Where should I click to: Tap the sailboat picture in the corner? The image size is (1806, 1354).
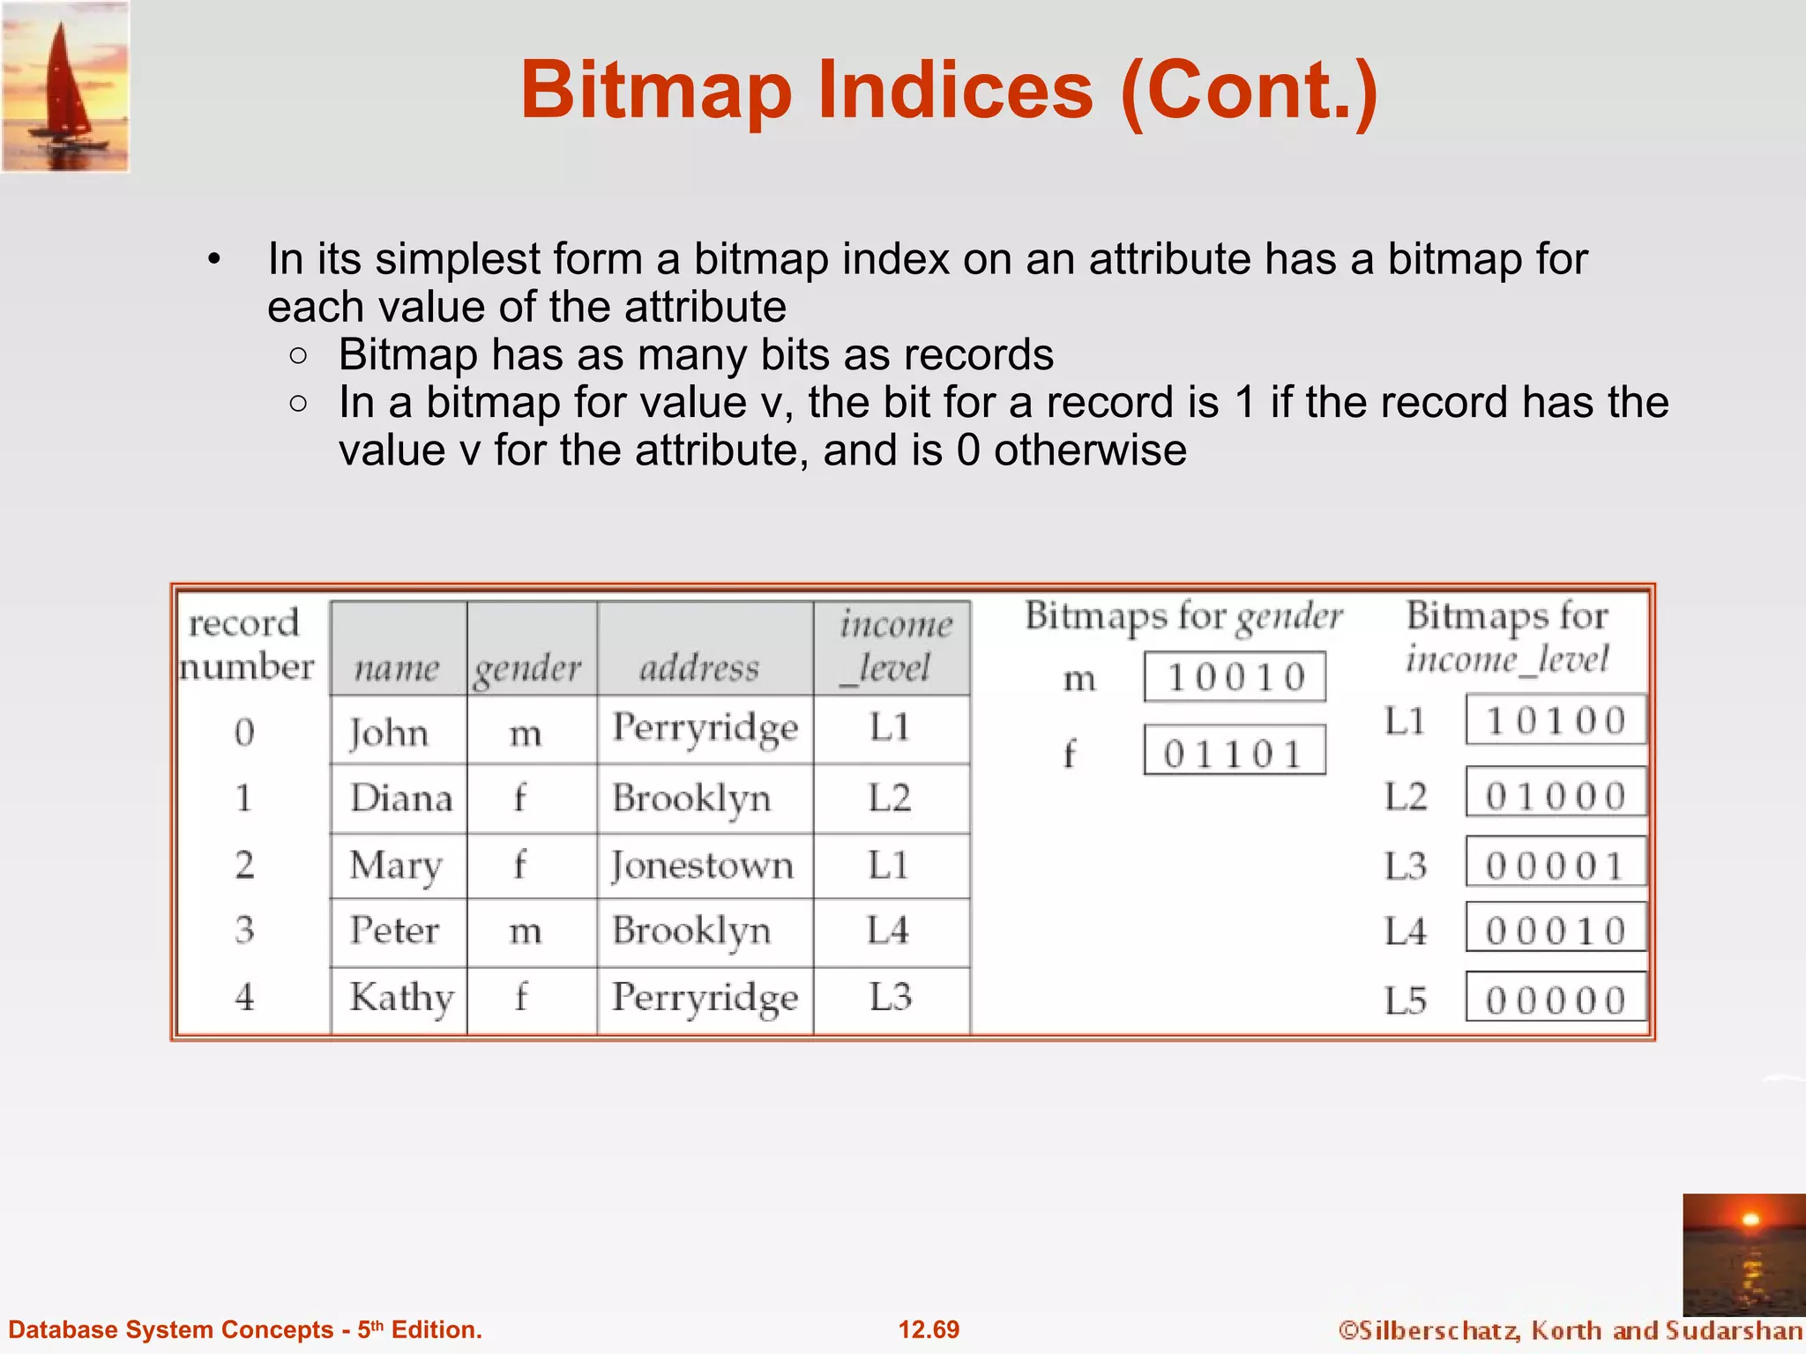coord(65,86)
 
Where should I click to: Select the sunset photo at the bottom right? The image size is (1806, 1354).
coord(1743,1254)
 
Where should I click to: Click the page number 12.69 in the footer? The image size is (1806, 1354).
coord(929,1329)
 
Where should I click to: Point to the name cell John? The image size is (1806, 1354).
coord(389,733)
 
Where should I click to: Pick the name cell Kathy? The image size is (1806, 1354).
coord(401,998)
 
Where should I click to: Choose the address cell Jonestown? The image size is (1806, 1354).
coord(703,866)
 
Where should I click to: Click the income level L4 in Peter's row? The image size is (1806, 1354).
coord(887,931)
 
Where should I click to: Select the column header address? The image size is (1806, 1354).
coord(699,667)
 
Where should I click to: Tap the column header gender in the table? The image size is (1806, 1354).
coord(528,668)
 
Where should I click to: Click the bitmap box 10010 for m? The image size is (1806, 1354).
coord(1235,677)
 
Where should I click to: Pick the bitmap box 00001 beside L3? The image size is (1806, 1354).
coord(1556,865)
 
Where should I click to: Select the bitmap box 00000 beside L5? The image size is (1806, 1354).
coord(1556,1000)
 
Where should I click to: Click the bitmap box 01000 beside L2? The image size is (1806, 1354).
coord(1556,796)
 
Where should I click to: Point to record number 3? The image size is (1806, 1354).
coord(244,930)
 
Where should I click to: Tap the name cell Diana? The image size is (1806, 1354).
coord(401,799)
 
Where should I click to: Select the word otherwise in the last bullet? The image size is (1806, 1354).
coord(1090,450)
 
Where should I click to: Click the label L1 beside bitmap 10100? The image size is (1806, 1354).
coord(1404,721)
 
